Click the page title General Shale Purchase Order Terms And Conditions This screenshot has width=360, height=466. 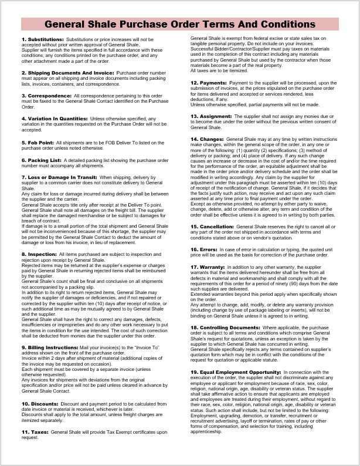click(179, 25)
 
